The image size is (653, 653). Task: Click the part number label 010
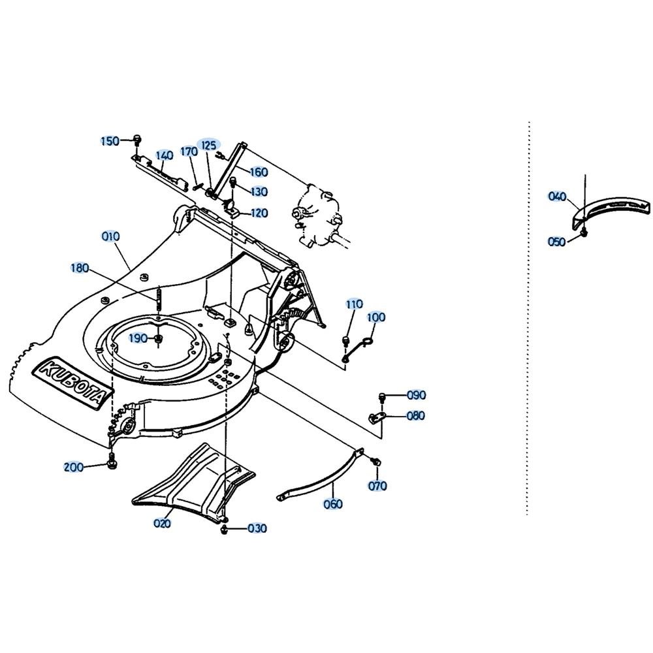(111, 236)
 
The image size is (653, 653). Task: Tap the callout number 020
(162, 523)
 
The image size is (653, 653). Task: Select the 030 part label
(257, 528)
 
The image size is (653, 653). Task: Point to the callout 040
(557, 196)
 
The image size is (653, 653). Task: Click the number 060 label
(333, 504)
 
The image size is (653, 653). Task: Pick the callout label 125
(209, 145)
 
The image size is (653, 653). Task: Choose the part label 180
(80, 268)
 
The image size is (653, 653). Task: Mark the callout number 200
(74, 467)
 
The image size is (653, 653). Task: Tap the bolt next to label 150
(137, 139)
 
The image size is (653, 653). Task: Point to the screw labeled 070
(377, 462)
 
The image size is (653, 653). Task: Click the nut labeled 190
(158, 340)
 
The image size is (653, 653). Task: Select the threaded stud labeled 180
(159, 299)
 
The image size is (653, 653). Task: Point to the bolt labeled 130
(233, 182)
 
